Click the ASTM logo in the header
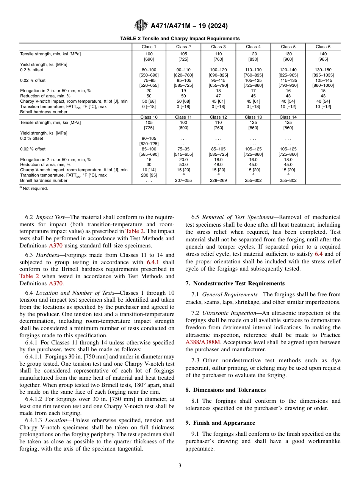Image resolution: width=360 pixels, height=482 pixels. click(x=141, y=26)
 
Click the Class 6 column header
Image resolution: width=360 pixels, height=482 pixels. click(x=323, y=47)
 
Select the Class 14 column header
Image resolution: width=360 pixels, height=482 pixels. click(x=288, y=117)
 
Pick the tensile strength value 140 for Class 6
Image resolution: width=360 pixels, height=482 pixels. click(x=323, y=54)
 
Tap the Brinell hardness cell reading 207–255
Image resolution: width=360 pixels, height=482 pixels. click(x=183, y=181)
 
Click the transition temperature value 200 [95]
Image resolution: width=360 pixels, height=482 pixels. click(x=149, y=175)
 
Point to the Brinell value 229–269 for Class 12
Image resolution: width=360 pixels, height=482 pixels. click(x=218, y=181)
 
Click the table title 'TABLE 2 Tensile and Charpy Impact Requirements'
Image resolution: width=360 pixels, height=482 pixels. click(x=180, y=38)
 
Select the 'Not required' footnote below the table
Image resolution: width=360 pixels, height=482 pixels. click(x=35, y=188)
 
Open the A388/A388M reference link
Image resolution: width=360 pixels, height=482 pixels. click(x=201, y=342)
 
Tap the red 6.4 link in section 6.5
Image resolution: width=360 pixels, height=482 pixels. click(x=319, y=254)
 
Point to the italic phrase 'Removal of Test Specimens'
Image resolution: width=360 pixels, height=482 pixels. click(x=238, y=217)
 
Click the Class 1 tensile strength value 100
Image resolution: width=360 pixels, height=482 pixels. click(x=149, y=54)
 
